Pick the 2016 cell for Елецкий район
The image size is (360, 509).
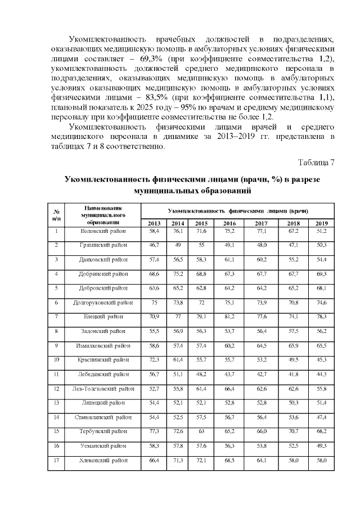pos(229,317)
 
